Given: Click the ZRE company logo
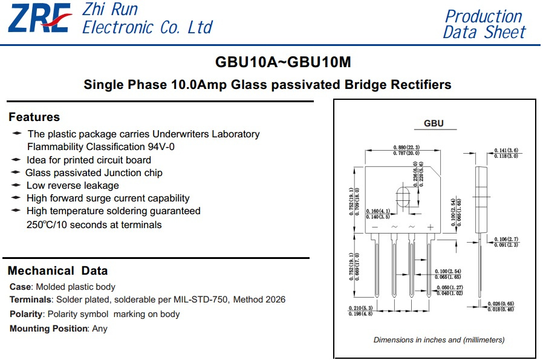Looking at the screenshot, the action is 40,18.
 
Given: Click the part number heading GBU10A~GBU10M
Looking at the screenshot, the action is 283,62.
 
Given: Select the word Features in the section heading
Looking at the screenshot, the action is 34,117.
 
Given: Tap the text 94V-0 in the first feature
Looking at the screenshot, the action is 161,146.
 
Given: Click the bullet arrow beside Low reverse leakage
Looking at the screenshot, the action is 16,185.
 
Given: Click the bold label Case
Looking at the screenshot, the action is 21,287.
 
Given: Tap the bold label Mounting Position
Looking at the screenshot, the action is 48,329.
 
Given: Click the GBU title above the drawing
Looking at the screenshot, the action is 434,123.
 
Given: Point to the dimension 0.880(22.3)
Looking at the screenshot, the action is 406,148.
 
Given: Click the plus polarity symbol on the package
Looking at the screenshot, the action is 431,227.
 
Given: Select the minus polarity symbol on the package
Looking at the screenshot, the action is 375,227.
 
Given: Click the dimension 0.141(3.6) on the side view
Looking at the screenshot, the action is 506,150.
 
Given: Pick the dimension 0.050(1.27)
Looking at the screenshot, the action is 450,287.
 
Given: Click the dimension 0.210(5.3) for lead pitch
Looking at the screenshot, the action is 360,308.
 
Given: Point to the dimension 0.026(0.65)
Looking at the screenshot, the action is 501,304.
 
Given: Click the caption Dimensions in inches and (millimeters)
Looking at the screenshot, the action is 439,340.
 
